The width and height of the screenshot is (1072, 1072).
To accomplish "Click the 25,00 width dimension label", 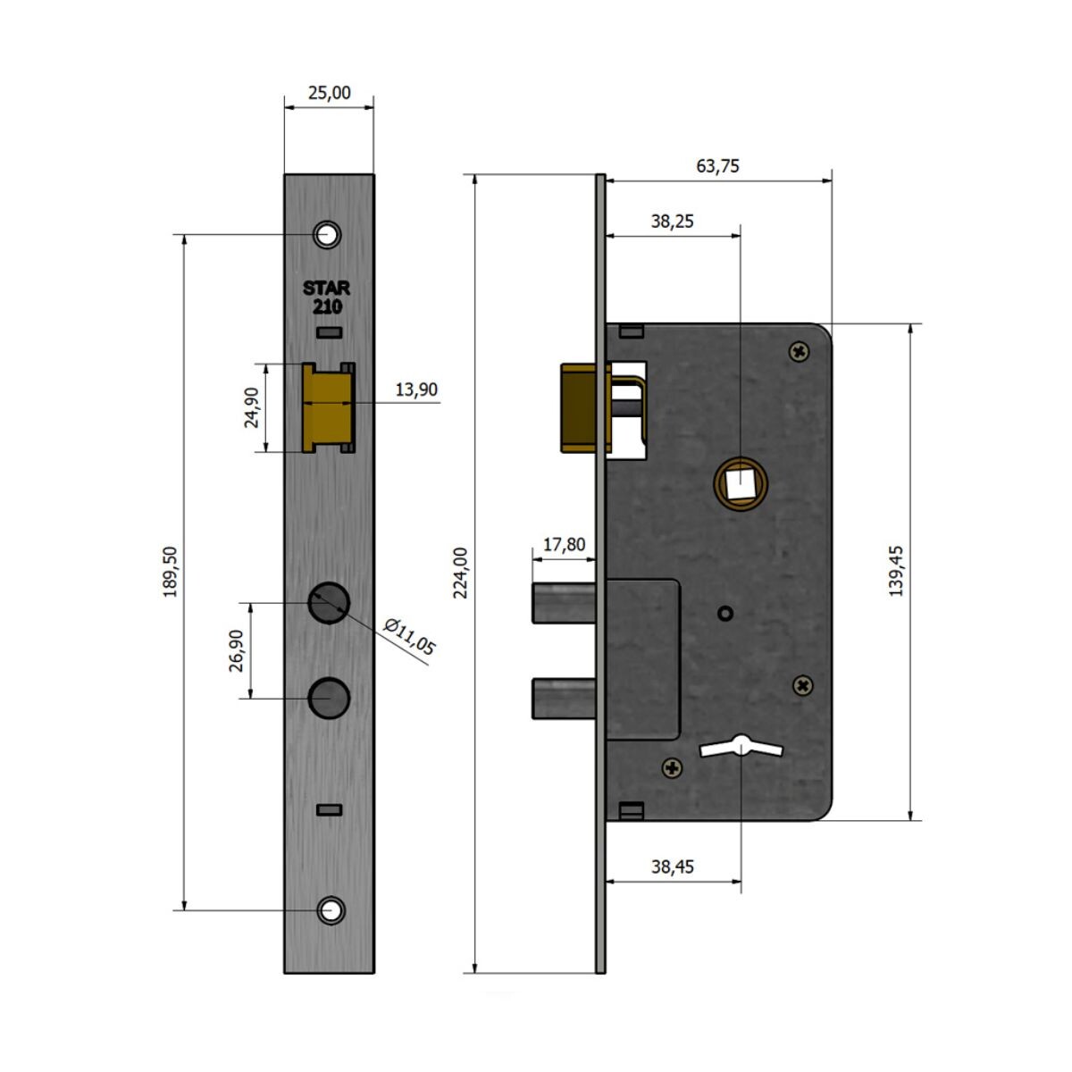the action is [x=330, y=92].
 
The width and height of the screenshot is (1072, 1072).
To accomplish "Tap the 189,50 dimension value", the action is [x=171, y=572].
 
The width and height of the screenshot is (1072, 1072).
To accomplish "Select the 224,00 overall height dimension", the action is [x=460, y=573].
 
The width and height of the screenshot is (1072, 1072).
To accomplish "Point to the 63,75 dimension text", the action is [x=717, y=166].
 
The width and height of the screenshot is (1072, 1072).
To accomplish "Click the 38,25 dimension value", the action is [x=673, y=222].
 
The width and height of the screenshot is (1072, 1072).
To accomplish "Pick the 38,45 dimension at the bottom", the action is [x=673, y=867].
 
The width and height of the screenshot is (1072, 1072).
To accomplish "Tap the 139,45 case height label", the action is [x=896, y=572].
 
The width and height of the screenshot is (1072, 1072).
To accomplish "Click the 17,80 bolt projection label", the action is [x=564, y=544].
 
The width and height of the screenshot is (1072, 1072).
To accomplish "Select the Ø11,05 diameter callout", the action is [x=408, y=636].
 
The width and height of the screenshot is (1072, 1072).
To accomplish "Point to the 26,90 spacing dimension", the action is [x=237, y=651].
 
